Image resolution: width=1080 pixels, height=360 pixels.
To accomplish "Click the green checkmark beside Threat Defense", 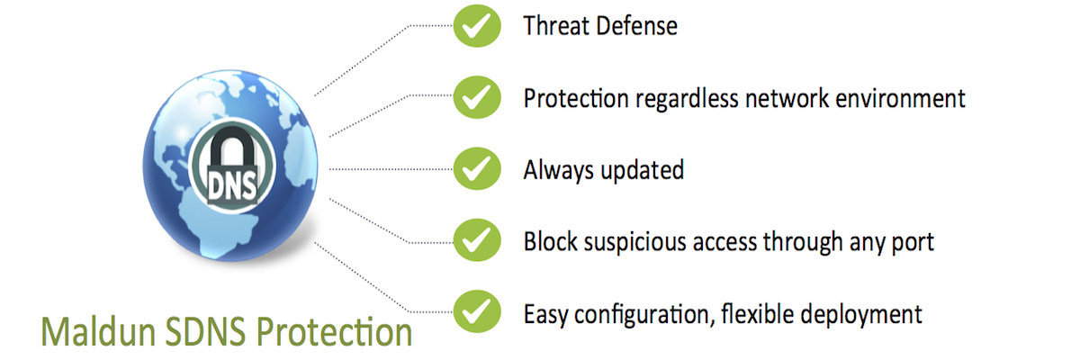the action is (x=477, y=25).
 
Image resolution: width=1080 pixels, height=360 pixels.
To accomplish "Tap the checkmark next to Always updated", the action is (x=477, y=168).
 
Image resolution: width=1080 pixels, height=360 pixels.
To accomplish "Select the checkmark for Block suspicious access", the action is (x=477, y=240).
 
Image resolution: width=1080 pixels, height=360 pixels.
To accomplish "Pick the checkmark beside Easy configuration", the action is (x=477, y=311).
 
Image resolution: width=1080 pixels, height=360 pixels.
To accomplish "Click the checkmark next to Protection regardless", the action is (x=477, y=97).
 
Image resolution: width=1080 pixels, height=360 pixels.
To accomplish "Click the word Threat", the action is (x=556, y=25).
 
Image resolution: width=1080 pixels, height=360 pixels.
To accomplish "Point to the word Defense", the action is (x=636, y=25).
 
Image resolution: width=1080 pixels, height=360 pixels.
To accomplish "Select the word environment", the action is (x=900, y=98).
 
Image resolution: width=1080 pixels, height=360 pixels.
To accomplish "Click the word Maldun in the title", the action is (x=98, y=331).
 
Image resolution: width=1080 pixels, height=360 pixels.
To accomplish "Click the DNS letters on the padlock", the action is (x=232, y=186).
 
